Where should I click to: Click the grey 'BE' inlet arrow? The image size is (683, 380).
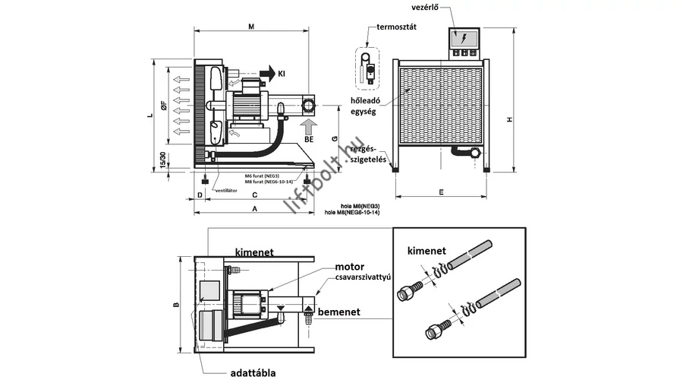tap(309, 125)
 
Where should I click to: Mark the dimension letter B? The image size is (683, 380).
tap(175, 306)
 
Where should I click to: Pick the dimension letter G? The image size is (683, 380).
tap(334, 139)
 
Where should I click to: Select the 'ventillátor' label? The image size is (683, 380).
tap(227, 190)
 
